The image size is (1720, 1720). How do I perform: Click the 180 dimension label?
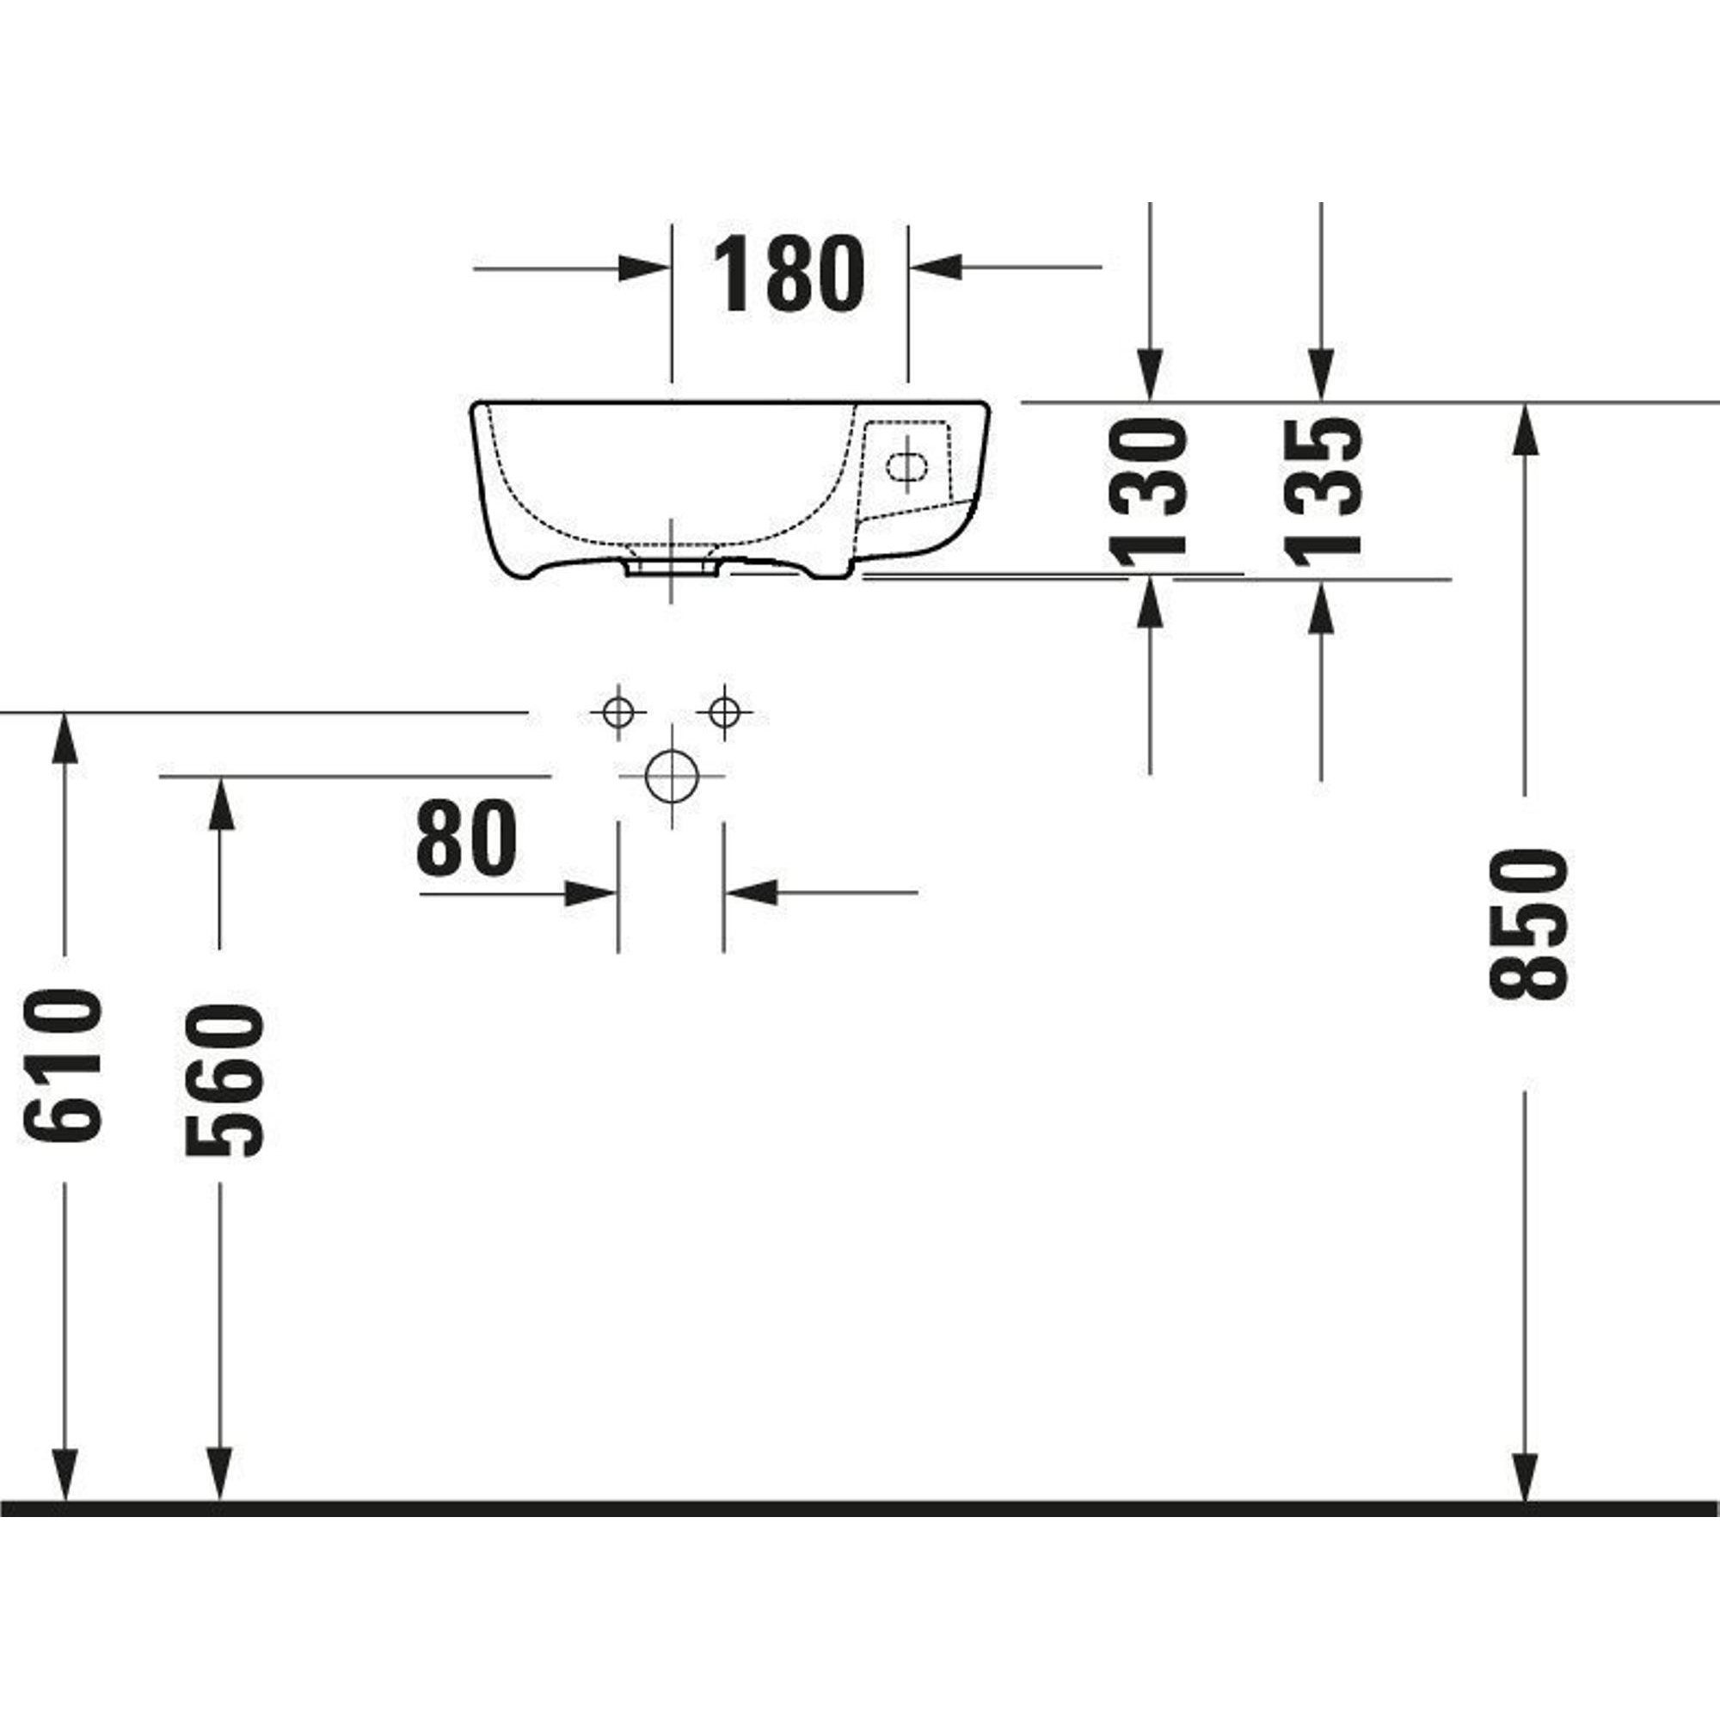tap(789, 273)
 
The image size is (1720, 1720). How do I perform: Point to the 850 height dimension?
tap(1527, 923)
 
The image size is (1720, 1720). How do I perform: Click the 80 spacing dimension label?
tap(465, 836)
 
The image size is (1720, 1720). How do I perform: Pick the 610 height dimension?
tap(63, 1066)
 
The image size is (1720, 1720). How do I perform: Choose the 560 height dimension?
tap(224, 1080)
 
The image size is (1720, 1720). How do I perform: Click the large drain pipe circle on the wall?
tap(672, 776)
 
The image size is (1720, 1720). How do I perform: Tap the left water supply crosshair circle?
tap(617, 712)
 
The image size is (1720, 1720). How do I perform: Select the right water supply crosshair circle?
tap(724, 712)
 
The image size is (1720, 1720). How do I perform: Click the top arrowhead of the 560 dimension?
tap(220, 802)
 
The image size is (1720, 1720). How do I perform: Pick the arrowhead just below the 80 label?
tap(591, 893)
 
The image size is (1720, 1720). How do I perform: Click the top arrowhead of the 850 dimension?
tap(1526, 429)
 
